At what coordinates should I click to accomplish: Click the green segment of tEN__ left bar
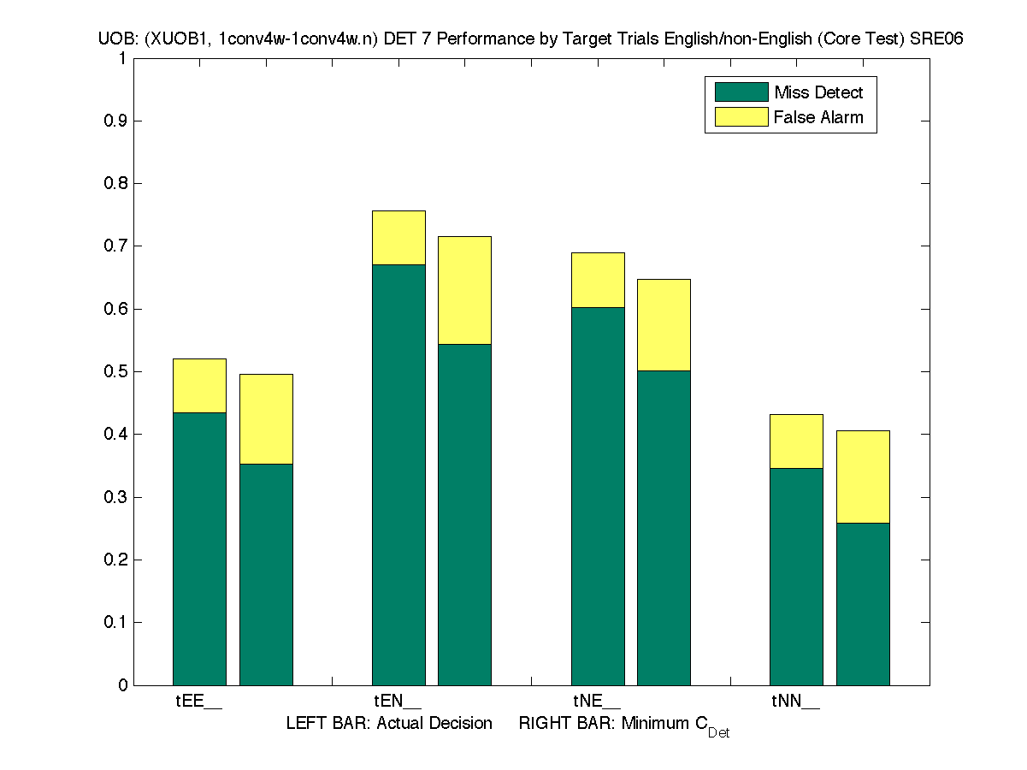(398, 475)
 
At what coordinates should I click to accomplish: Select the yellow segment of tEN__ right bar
(464, 290)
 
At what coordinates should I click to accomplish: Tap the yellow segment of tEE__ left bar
(199, 386)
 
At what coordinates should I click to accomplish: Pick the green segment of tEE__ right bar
(266, 574)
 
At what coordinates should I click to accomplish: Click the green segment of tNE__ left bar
(598, 496)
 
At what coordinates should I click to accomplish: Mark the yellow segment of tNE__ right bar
(664, 325)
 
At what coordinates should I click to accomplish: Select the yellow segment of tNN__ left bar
(796, 441)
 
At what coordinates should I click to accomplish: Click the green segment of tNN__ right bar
(863, 604)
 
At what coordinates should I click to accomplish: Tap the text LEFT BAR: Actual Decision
(389, 724)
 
